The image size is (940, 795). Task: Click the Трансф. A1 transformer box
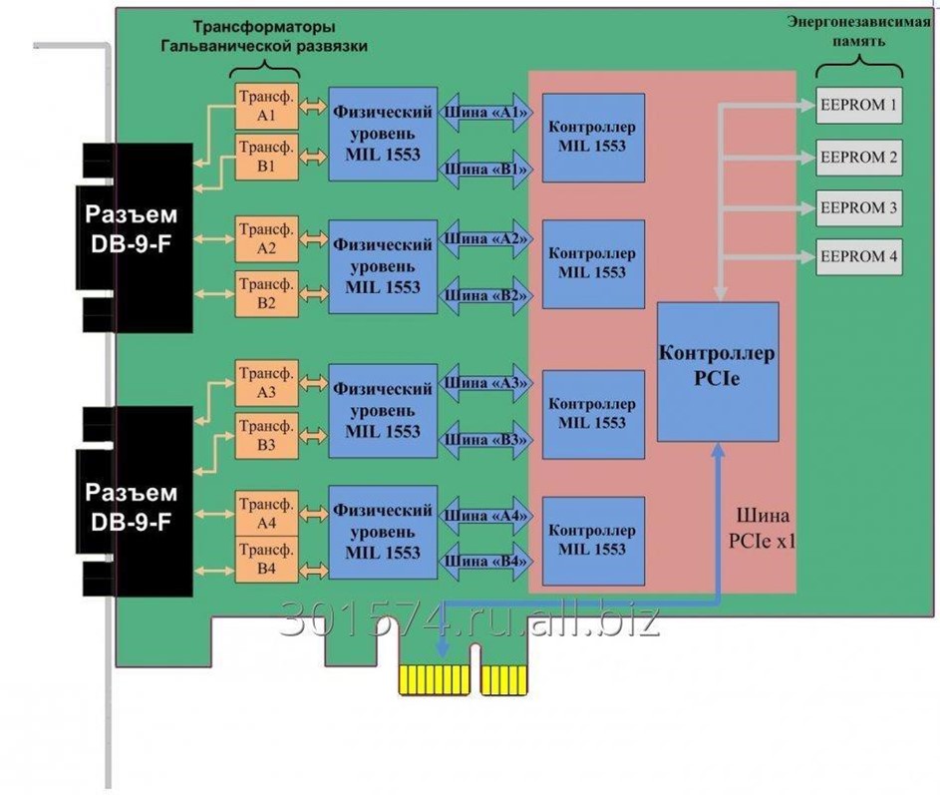tap(265, 106)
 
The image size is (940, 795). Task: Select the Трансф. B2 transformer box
tap(265, 293)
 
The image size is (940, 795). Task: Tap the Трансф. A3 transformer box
tap(265, 384)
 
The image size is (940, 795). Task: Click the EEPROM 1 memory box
tap(858, 105)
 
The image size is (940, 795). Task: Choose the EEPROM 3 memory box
tap(858, 208)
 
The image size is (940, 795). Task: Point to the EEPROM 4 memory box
tap(858, 256)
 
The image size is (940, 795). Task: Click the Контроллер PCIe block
tap(717, 370)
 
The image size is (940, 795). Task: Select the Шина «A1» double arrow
tap(482, 113)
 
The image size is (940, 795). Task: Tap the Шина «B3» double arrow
tap(482, 440)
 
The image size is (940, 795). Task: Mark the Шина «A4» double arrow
tap(482, 516)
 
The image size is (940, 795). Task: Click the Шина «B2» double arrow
tap(482, 295)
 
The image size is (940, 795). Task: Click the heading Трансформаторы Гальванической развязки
tap(264, 36)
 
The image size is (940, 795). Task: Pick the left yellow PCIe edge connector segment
tap(434, 679)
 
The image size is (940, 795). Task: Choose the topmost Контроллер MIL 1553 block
tap(592, 136)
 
